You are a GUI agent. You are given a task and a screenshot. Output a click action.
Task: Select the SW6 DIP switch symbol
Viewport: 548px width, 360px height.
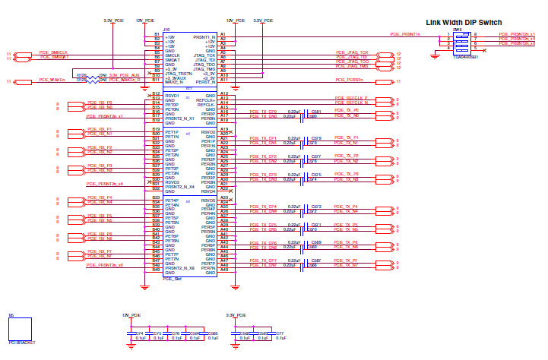point(462,39)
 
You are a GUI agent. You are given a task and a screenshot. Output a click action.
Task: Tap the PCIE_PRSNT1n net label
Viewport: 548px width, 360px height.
point(404,34)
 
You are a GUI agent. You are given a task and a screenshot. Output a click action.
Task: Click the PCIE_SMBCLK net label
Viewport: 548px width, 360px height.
point(53,52)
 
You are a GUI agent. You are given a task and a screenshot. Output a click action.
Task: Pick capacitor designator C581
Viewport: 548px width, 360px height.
point(316,111)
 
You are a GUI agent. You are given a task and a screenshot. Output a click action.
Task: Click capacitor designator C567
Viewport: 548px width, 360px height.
point(316,260)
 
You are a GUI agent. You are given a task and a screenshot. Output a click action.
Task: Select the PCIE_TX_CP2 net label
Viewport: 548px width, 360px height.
point(262,156)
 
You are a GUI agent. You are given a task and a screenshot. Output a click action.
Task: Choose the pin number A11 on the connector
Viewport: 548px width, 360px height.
point(223,80)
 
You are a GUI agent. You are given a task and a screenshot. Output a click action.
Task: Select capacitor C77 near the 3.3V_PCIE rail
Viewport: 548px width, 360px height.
point(280,333)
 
